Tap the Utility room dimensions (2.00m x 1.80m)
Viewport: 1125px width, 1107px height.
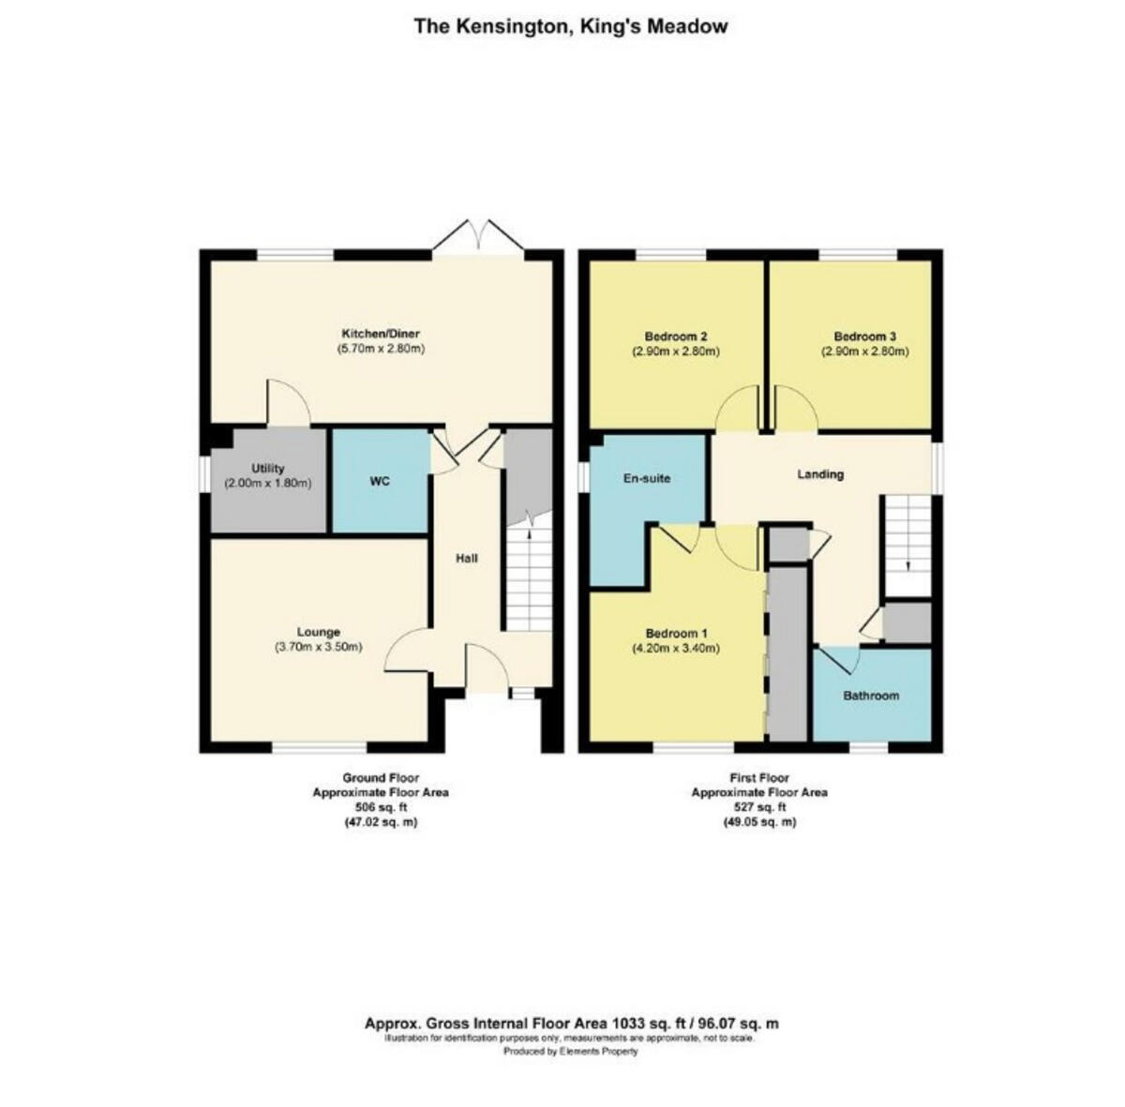point(267,484)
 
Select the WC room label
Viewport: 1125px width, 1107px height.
point(379,482)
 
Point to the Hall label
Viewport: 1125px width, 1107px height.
point(466,559)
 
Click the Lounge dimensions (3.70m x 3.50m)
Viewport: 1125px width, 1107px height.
point(319,648)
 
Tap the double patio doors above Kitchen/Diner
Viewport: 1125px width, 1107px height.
point(478,237)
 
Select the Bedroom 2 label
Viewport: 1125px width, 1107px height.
point(675,337)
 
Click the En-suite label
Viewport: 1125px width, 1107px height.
point(647,478)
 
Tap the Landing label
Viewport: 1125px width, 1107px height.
point(820,474)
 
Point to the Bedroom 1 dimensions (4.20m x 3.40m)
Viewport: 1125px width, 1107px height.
point(675,648)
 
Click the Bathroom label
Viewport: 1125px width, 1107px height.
point(871,696)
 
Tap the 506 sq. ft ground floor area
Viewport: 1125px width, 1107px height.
point(380,807)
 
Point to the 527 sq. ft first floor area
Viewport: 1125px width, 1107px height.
point(758,807)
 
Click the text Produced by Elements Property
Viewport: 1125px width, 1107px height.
point(571,1052)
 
